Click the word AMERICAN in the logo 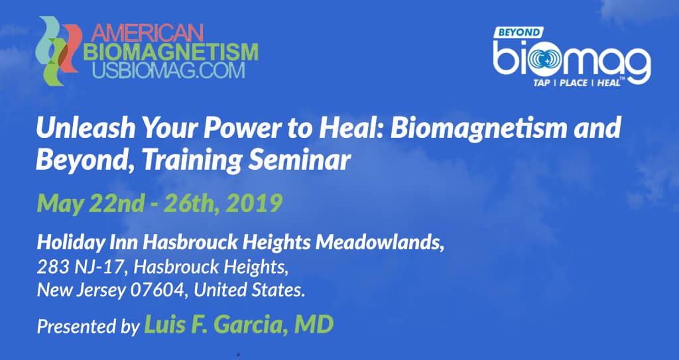click(x=148, y=32)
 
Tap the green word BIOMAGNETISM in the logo click(x=170, y=52)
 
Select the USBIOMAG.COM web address click(x=169, y=70)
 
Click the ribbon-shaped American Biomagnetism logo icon click(x=58, y=50)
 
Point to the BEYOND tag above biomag click(x=519, y=32)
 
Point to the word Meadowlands click(x=380, y=243)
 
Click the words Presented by click(x=88, y=326)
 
